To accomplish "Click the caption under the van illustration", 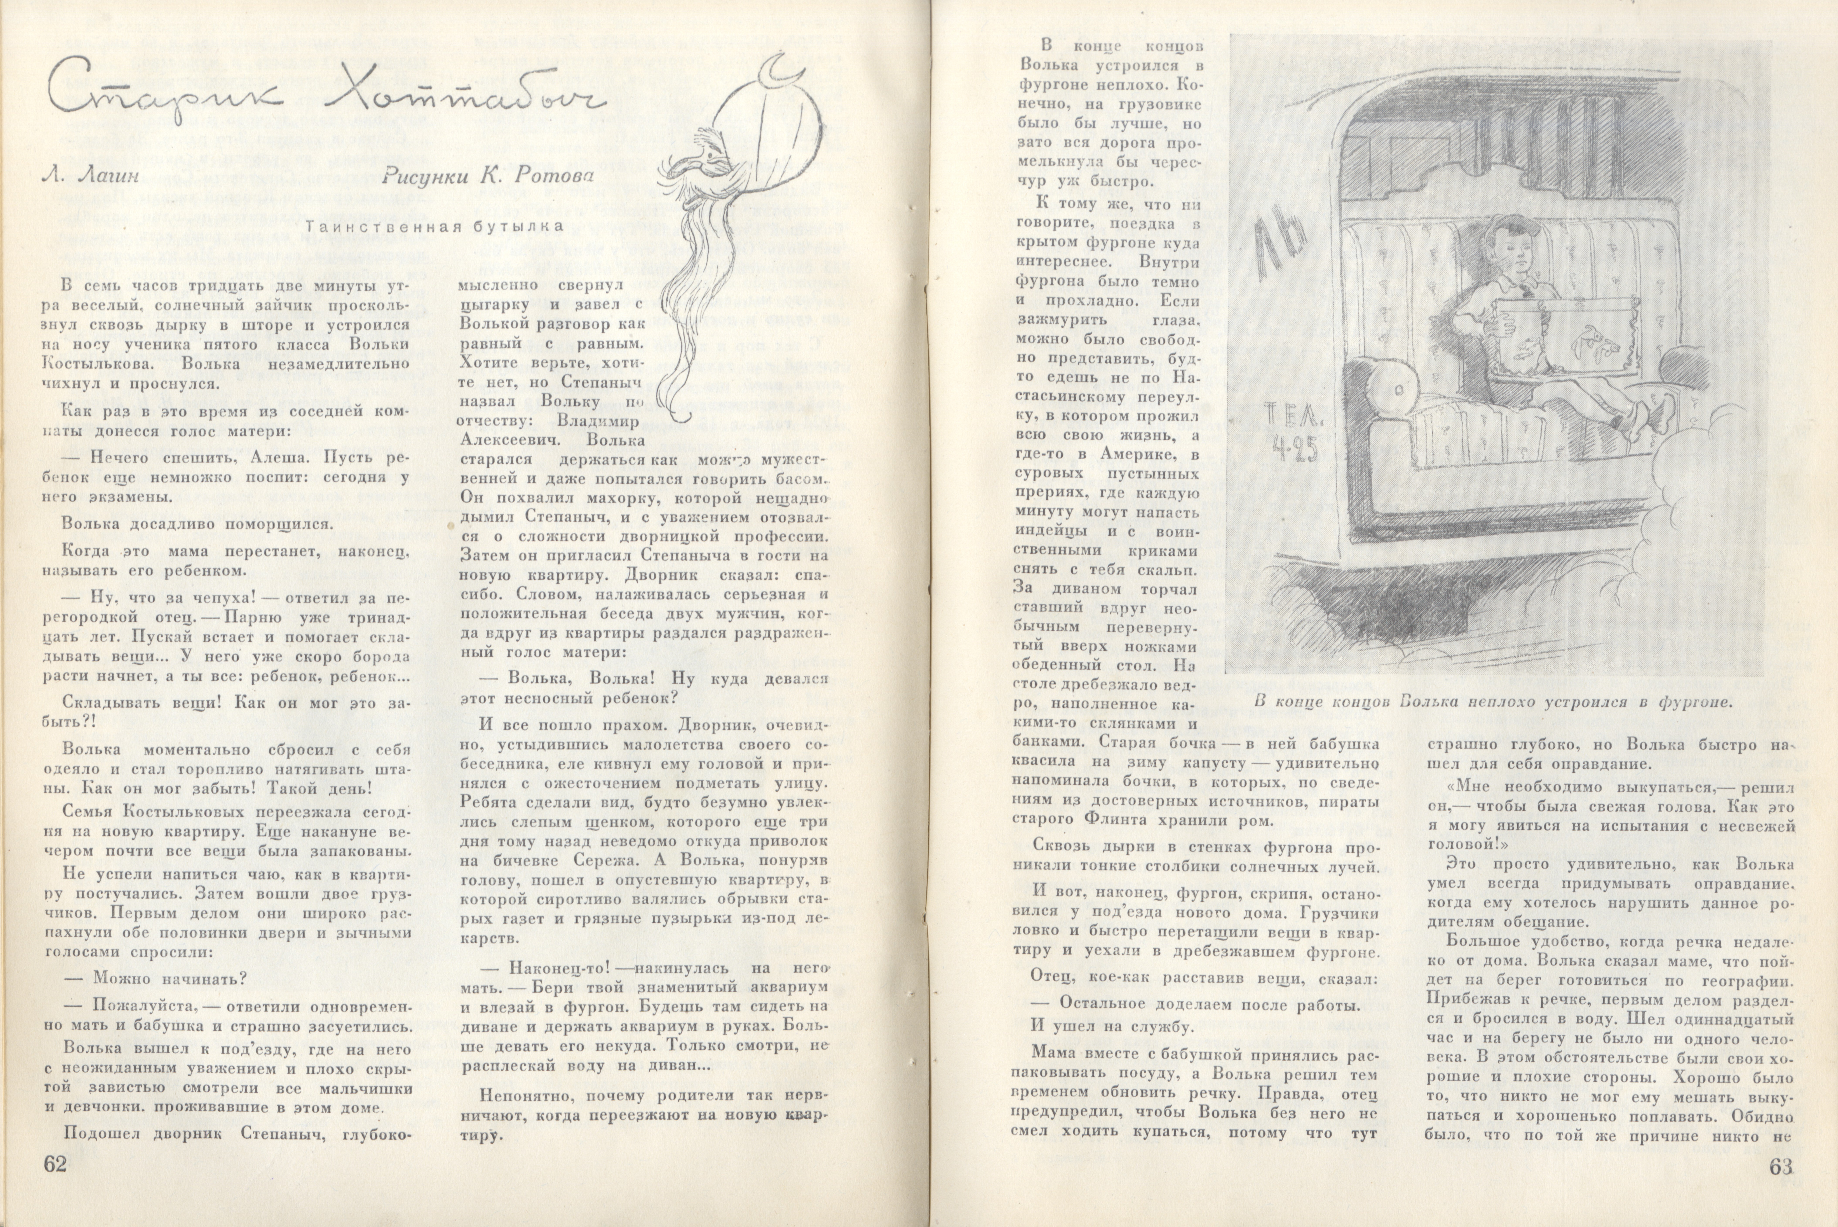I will click(1493, 702).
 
